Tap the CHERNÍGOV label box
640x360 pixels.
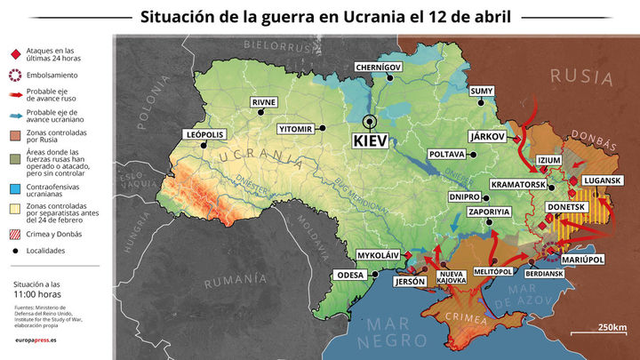tap(379, 67)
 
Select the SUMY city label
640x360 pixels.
tap(481, 91)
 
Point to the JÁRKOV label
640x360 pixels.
tap(486, 137)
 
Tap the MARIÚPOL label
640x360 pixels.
tap(583, 259)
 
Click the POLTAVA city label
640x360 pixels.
tap(447, 154)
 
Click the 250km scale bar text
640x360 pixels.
tap(612, 326)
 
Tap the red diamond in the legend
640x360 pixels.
tap(14, 53)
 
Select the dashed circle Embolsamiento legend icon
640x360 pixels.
tap(14, 76)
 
